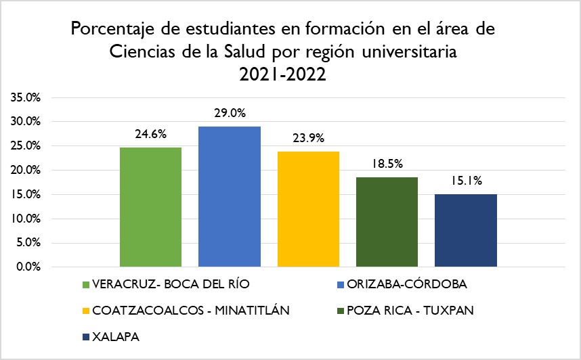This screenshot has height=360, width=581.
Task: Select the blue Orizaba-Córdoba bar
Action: click(230, 196)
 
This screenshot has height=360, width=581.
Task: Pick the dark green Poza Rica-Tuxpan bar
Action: click(387, 221)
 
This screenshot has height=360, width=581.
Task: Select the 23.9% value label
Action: click(308, 138)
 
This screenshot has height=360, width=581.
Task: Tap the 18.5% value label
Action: click(387, 164)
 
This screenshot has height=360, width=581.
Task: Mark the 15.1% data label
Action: click(466, 181)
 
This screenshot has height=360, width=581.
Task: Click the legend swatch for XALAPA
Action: click(85, 337)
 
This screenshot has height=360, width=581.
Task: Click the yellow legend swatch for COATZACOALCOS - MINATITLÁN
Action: click(85, 311)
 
